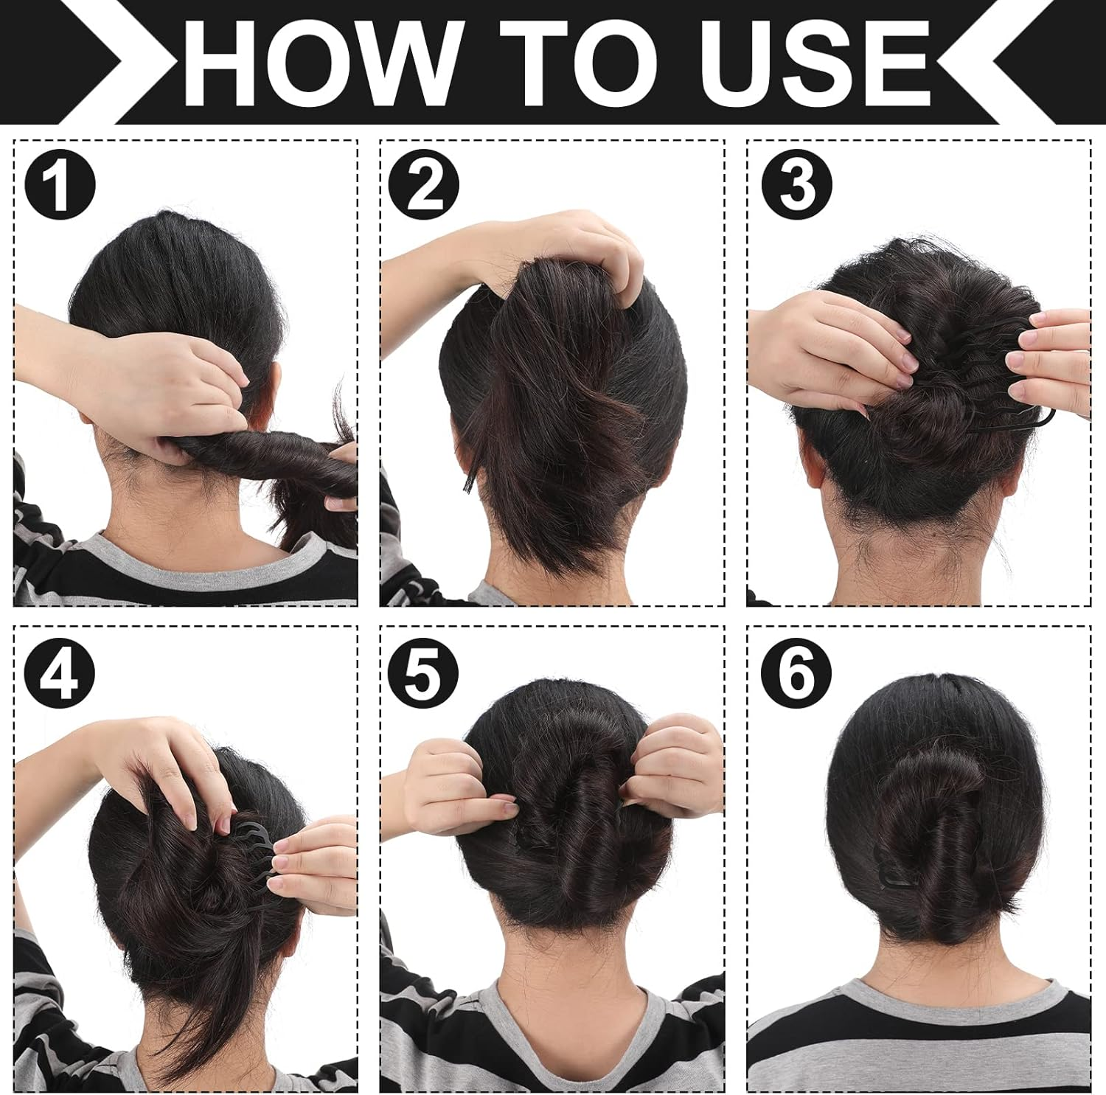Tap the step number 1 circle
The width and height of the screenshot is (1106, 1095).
pos(60,184)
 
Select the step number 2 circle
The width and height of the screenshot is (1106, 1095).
pos(423,184)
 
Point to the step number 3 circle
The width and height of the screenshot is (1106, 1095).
pos(796,184)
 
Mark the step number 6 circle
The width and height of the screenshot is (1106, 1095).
pos(796,672)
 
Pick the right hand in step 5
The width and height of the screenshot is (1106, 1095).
pos(675,767)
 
